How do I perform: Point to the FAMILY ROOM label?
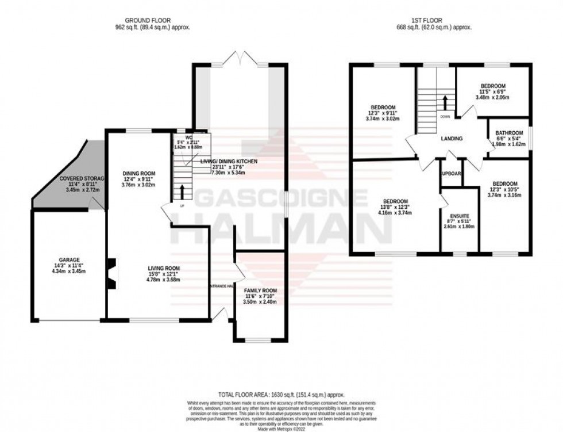260,290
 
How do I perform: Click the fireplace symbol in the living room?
111,272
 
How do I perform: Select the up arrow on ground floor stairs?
183,191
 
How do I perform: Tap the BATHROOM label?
510,133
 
